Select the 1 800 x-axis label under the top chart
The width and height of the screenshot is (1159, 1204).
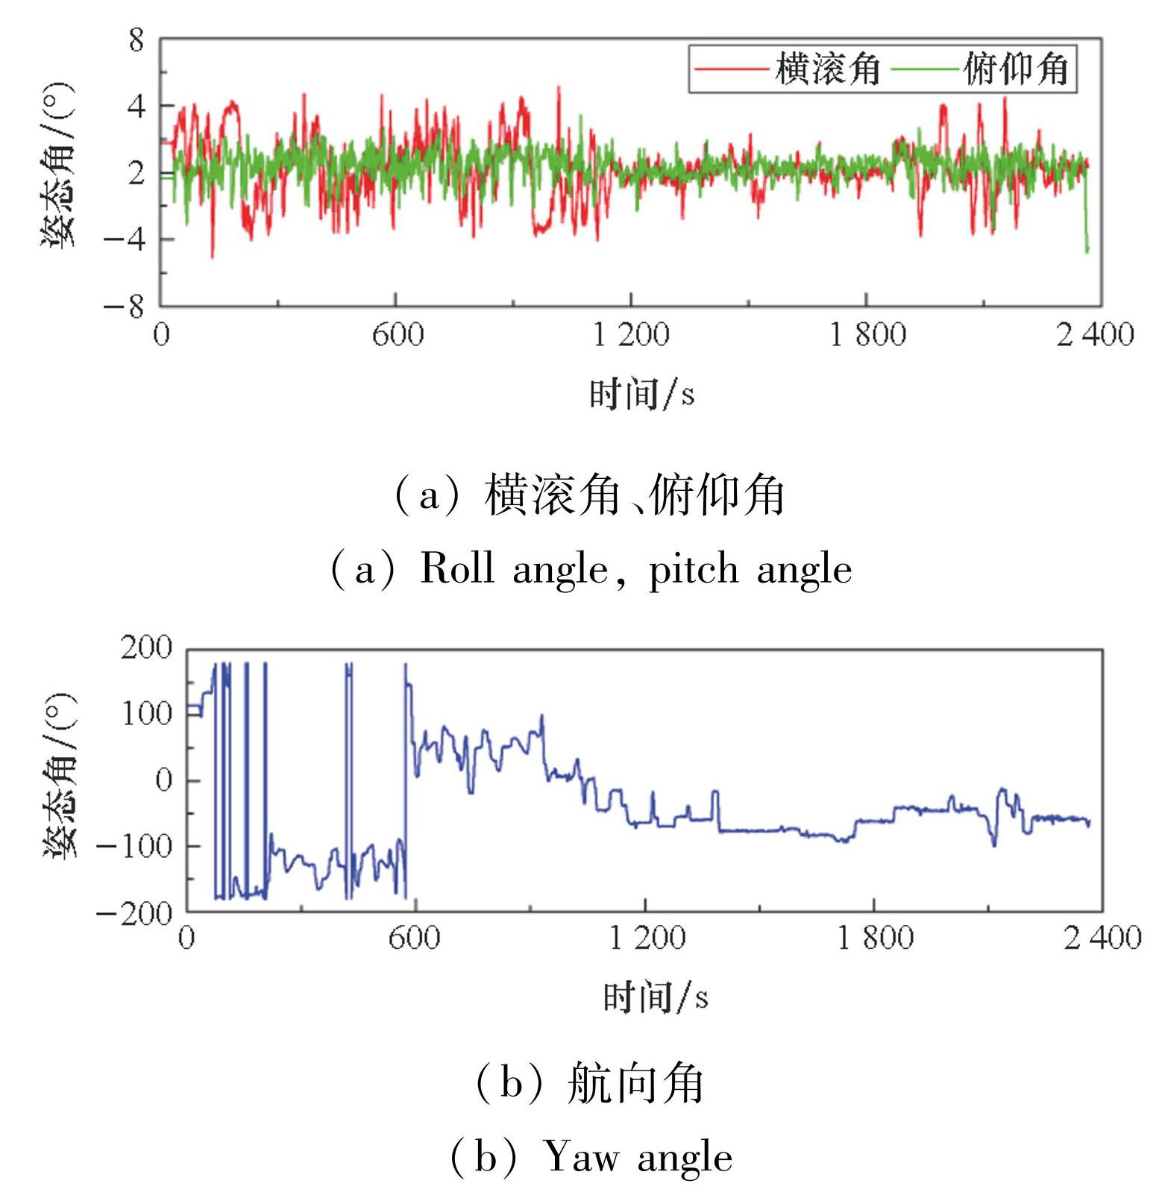(868, 335)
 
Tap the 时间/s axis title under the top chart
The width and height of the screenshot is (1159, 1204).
(642, 394)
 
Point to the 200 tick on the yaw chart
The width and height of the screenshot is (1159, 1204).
(146, 648)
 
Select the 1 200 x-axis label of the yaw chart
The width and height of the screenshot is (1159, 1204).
(647, 938)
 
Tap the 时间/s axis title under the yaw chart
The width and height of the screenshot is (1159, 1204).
(656, 997)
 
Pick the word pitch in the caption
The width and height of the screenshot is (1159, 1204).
(694, 570)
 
